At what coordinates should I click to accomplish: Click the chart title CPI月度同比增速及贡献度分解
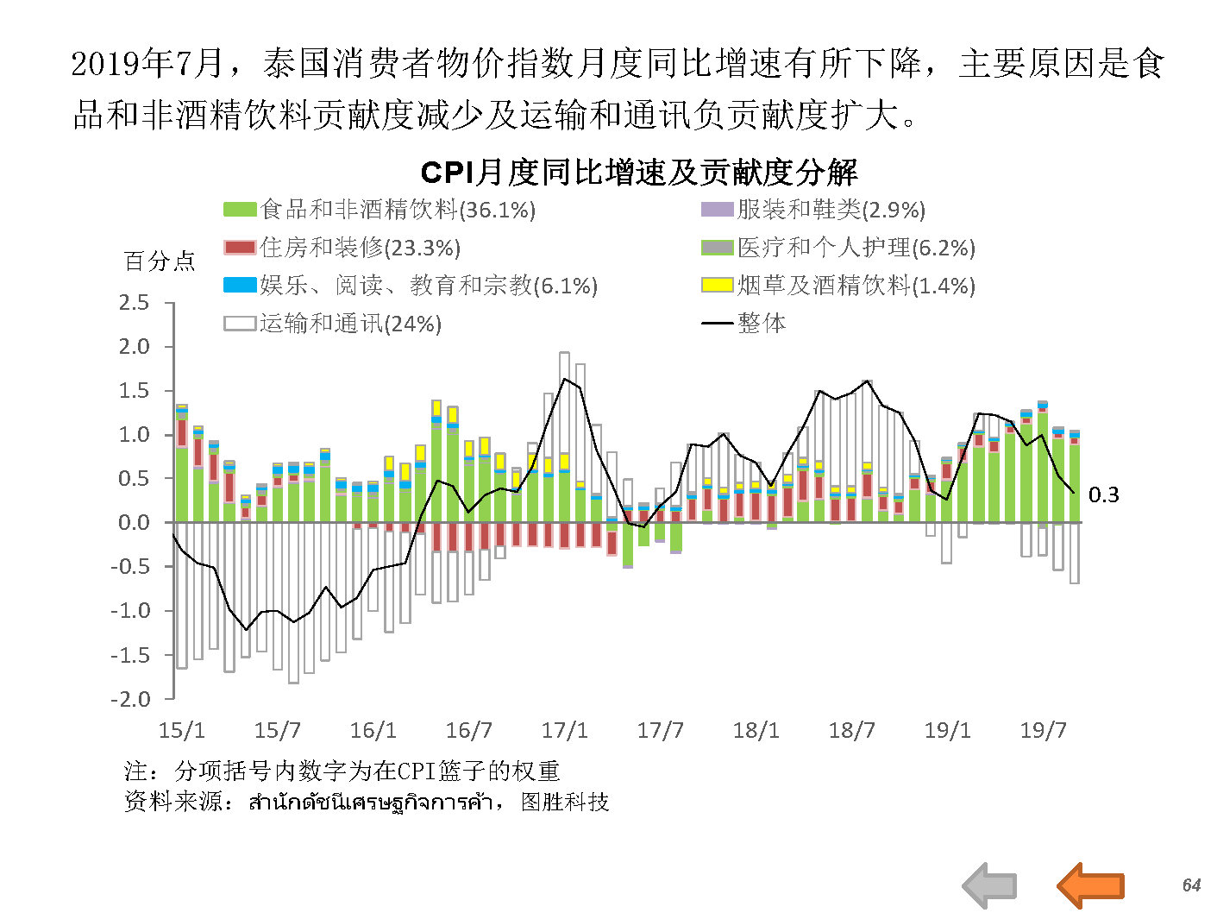(x=638, y=173)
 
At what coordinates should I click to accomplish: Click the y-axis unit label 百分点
(x=160, y=261)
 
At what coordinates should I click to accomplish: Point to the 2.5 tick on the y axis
(x=134, y=303)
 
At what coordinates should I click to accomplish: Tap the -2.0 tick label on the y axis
(x=130, y=699)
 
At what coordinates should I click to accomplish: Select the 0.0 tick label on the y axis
(x=134, y=523)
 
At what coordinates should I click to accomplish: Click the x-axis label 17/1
(x=564, y=731)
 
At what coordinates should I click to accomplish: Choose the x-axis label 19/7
(x=1043, y=731)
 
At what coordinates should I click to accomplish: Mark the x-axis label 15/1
(x=182, y=731)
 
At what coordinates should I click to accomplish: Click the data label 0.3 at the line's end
(x=1103, y=494)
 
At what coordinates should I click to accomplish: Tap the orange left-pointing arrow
(x=1090, y=885)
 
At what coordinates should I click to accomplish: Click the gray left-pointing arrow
(x=989, y=885)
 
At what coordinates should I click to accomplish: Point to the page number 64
(x=1191, y=885)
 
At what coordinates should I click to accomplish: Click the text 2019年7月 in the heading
(x=147, y=63)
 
